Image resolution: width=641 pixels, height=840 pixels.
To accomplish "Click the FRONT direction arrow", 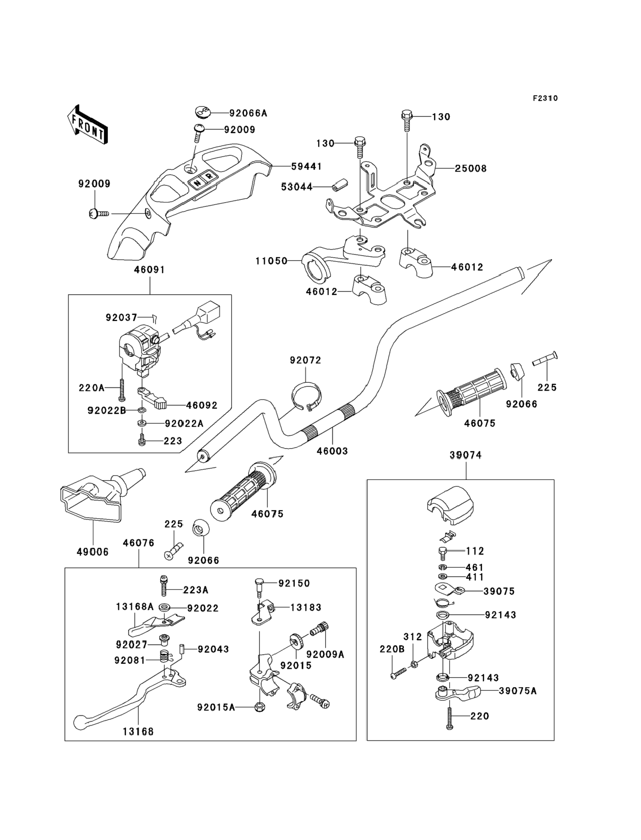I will [87, 125].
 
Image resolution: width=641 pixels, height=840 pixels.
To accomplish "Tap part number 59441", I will [306, 166].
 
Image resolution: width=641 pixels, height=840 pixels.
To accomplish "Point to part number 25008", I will [470, 168].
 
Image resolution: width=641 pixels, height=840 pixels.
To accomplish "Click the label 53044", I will [296, 187].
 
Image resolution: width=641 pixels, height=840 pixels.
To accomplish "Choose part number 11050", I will [271, 261].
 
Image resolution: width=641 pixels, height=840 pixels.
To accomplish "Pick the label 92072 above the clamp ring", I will [305, 360].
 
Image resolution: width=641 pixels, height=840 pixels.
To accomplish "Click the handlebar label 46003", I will [332, 451].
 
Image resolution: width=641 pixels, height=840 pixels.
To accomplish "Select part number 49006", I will [93, 552].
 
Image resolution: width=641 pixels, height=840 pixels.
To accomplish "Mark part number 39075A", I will [517, 691].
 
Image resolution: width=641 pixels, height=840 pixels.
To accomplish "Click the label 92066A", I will [248, 113].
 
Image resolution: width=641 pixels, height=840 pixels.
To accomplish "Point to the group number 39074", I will [465, 455].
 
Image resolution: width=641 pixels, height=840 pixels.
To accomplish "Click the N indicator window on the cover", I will [197, 182].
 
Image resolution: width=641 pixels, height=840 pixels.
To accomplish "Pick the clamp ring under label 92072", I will [306, 398].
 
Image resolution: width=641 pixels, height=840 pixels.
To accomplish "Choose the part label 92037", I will [121, 317].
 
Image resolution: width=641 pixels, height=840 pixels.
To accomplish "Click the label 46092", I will [201, 405].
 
